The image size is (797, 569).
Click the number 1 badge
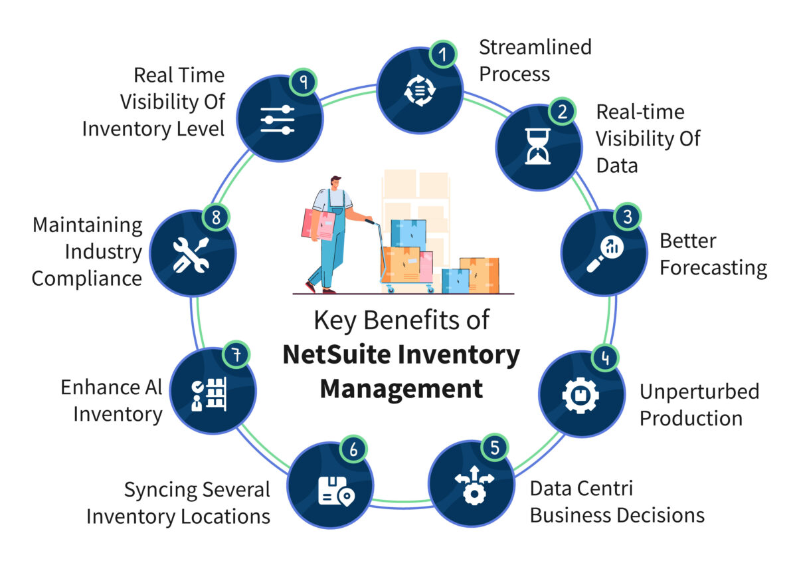[x=444, y=54]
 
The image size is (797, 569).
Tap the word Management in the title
[x=401, y=388]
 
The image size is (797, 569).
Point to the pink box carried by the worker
[x=317, y=225]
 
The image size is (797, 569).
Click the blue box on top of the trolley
[x=408, y=234]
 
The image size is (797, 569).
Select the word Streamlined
[x=535, y=47]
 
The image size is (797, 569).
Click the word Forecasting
[x=713, y=268]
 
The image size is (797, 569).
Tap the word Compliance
[x=86, y=278]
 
